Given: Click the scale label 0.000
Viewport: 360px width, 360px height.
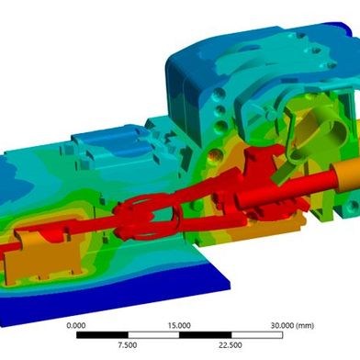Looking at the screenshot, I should pyautogui.click(x=77, y=325).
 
